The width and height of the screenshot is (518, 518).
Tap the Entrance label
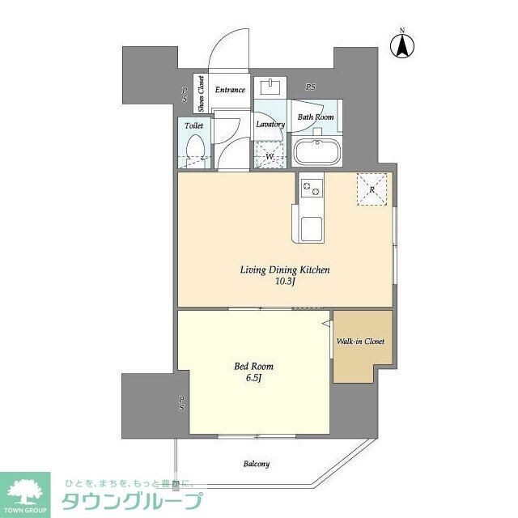(x=230, y=90)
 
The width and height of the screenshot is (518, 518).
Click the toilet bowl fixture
(x=194, y=151)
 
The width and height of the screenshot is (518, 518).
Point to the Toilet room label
(x=193, y=126)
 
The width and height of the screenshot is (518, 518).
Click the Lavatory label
(x=270, y=125)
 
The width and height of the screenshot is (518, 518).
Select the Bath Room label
(x=316, y=117)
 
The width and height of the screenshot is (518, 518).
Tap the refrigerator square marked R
(x=372, y=189)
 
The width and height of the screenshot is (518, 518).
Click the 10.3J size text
(x=284, y=282)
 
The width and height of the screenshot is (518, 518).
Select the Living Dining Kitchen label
(x=284, y=270)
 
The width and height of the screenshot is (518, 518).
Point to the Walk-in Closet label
(x=361, y=341)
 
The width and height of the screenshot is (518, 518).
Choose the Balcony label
(x=256, y=464)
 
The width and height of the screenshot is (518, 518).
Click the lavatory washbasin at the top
(x=270, y=87)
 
